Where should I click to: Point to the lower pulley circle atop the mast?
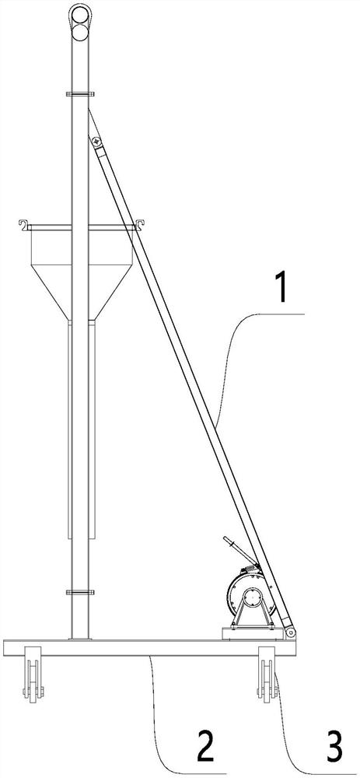[x=80, y=33]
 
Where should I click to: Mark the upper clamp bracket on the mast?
[x=80, y=94]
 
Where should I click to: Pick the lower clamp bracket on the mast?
[x=80, y=592]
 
